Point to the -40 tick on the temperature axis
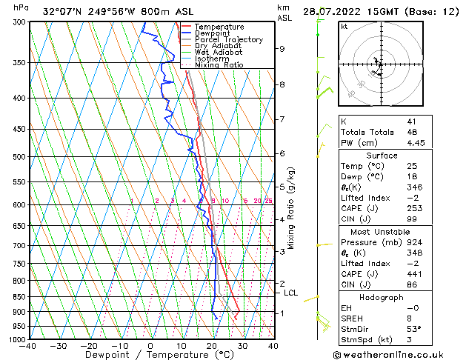[28, 345]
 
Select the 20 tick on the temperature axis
[212, 345]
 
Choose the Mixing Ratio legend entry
[219, 64]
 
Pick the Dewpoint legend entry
[213, 33]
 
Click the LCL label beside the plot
[290, 293]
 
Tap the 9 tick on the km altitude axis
[282, 49]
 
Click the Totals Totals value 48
[412, 132]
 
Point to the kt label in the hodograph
[344, 26]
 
